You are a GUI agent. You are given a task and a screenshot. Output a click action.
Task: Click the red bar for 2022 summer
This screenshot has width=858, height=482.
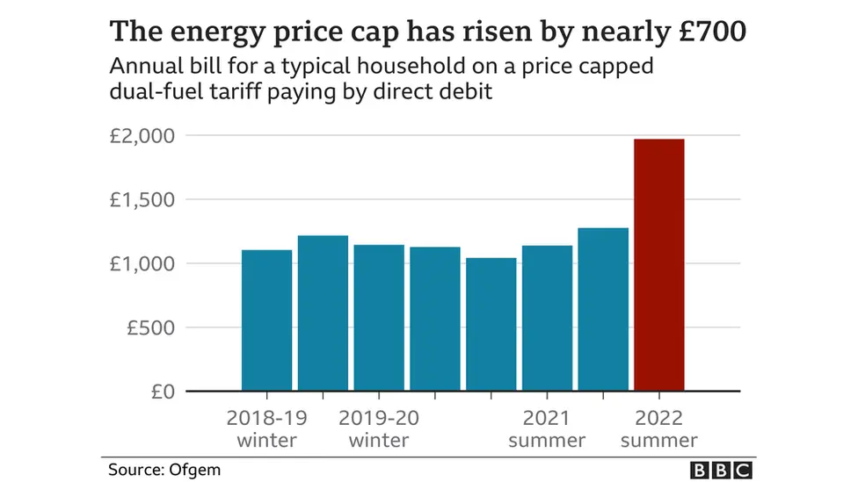coord(658,264)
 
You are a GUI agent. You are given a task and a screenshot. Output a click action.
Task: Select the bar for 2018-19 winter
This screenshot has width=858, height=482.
coord(266,320)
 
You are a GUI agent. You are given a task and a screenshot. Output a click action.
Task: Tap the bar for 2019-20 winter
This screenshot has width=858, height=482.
coord(379,318)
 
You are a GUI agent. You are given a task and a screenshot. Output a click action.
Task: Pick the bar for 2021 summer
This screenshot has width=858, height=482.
coord(547,318)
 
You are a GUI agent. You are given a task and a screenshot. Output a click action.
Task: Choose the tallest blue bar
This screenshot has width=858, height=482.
coord(603,309)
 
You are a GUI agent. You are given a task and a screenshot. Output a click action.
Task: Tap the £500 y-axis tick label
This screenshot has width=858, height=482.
coord(149,327)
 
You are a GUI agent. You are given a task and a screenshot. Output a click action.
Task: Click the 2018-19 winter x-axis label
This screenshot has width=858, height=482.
coord(266,428)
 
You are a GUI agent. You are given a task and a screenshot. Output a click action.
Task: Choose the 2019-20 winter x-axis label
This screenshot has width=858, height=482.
coord(379,428)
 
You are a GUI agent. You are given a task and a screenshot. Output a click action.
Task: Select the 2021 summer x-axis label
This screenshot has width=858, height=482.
coord(547,428)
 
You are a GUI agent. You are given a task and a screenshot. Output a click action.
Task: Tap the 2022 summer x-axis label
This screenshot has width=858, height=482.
coord(658,428)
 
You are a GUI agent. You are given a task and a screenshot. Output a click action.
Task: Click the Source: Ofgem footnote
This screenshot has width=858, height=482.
coord(164,470)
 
